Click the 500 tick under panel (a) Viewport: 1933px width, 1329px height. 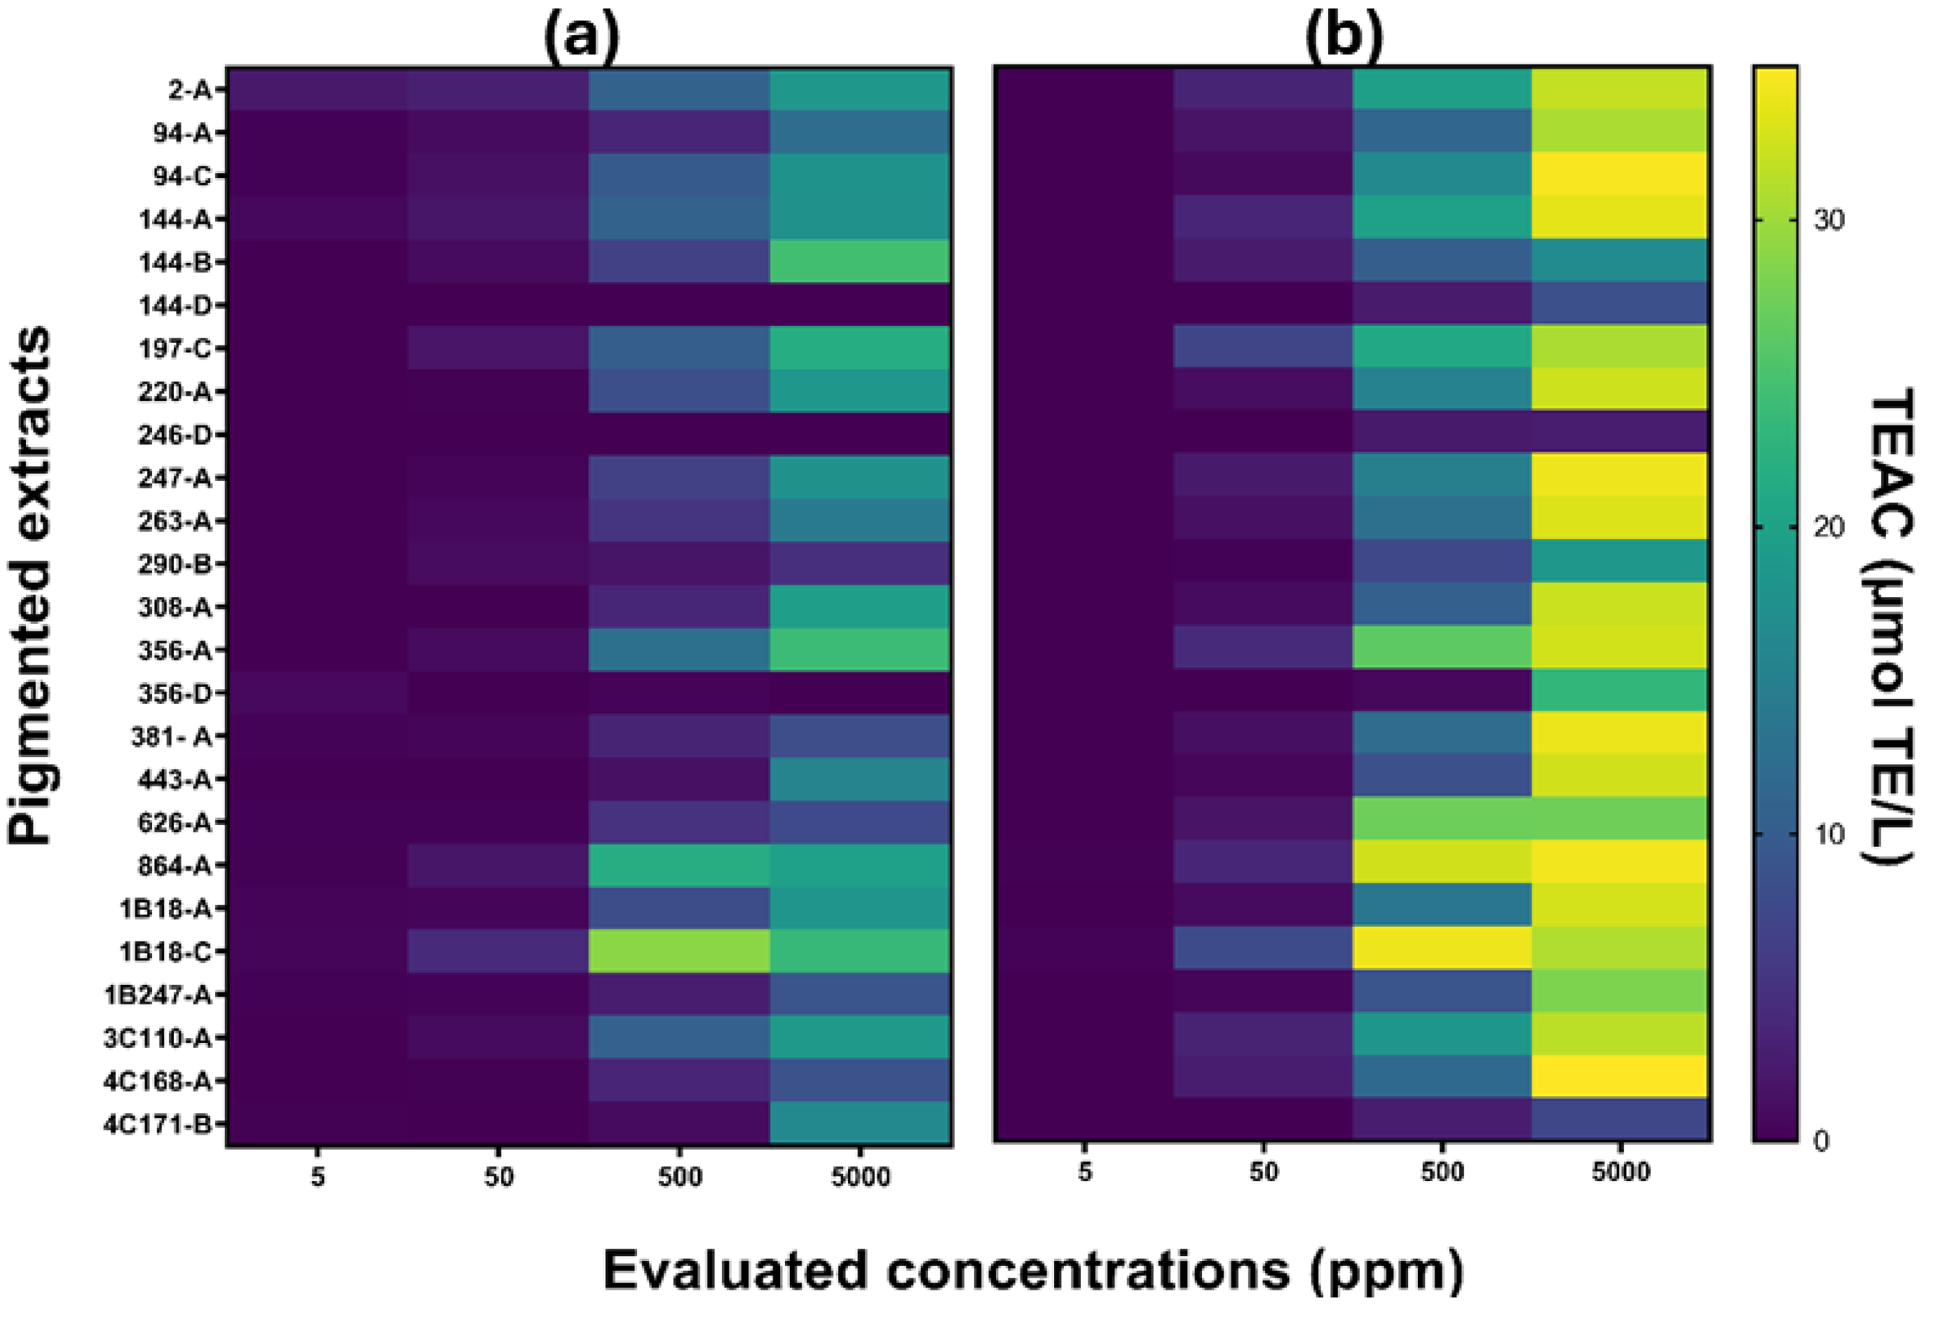(679, 1177)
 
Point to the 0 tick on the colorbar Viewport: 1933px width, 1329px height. (1821, 1142)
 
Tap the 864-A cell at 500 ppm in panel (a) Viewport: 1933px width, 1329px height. (679, 866)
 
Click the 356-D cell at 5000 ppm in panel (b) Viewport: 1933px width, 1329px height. (1620, 692)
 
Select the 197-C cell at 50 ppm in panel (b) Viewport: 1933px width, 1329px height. (1263, 347)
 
